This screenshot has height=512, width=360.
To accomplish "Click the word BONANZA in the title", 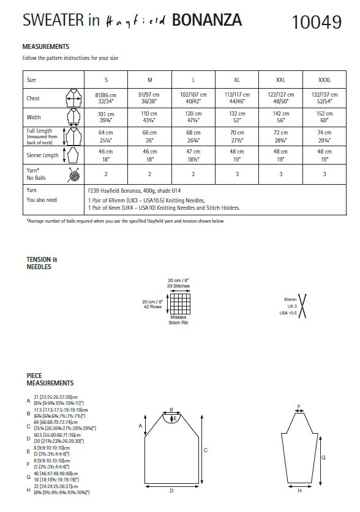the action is point(207,21).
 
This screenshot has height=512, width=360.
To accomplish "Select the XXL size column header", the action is point(280,80).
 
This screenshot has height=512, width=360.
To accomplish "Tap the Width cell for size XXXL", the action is point(324,117).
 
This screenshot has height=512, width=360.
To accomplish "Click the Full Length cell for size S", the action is point(106,136).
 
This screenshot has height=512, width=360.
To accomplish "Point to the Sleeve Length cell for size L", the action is point(193,154).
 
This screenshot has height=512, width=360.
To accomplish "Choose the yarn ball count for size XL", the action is point(237,174).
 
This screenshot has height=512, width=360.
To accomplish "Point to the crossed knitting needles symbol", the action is point(301,305).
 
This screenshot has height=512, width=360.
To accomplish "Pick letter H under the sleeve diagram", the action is point(299,491).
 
